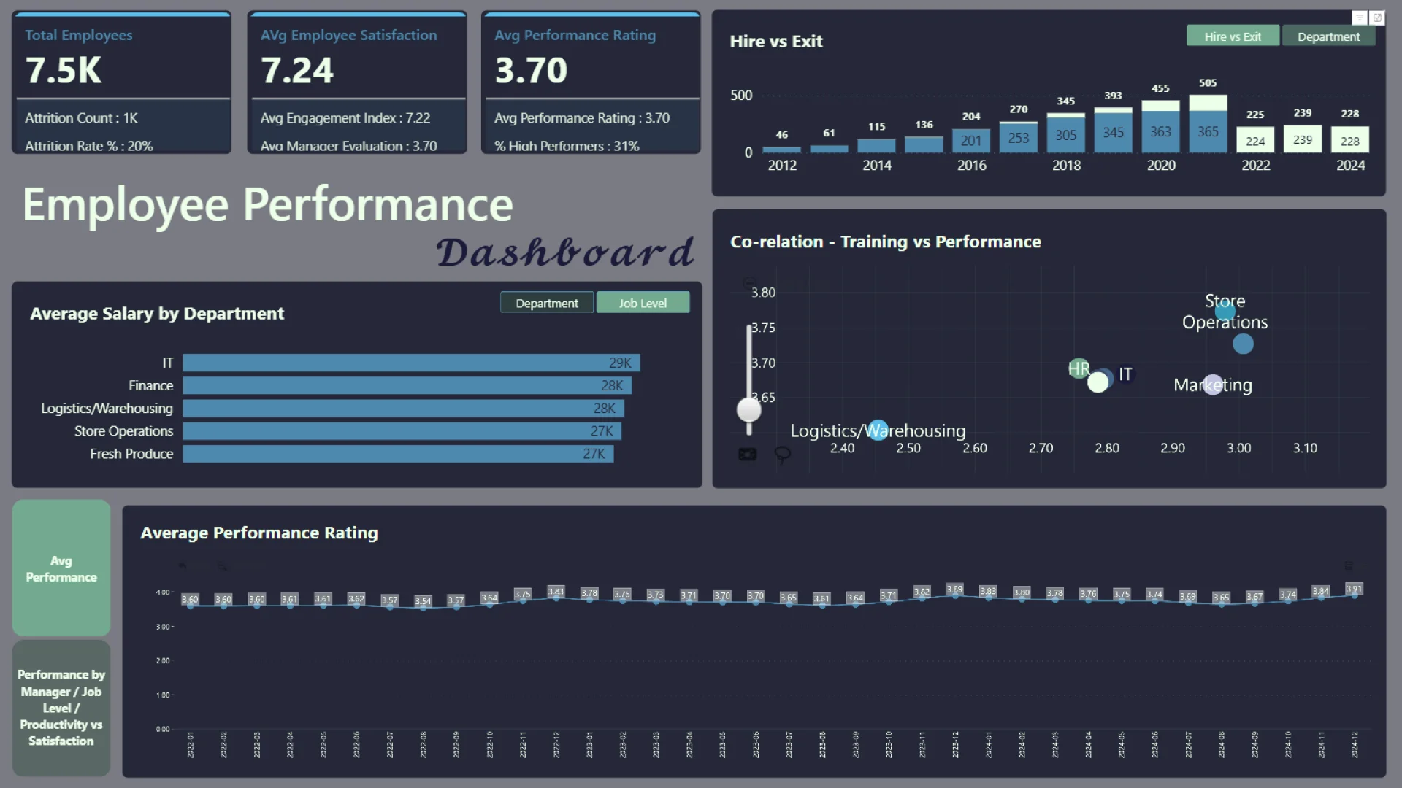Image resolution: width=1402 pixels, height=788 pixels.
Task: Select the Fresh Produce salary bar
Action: point(398,454)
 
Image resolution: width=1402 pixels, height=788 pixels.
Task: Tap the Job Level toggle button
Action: point(643,303)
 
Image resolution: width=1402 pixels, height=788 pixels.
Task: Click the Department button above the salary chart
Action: point(546,303)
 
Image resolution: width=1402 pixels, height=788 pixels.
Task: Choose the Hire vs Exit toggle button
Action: point(1233,36)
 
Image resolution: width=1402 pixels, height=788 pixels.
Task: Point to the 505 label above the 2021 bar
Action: point(1208,83)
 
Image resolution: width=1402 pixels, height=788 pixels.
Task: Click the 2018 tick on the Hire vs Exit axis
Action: point(1066,166)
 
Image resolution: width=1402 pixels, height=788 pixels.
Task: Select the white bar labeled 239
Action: point(1303,139)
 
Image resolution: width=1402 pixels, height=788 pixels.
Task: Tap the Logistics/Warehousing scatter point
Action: point(878,430)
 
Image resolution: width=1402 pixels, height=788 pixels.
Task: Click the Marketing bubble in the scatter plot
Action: point(1213,385)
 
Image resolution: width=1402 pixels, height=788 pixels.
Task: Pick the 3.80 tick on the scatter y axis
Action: point(764,293)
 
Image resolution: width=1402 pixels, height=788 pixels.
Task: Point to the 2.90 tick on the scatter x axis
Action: point(1173,448)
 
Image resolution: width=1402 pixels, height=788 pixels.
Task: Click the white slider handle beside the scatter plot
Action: point(749,410)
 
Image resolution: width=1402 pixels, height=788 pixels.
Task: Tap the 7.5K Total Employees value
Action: point(64,71)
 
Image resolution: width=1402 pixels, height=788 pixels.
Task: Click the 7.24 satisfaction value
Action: point(297,71)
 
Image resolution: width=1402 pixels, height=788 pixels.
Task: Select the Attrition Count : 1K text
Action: point(81,118)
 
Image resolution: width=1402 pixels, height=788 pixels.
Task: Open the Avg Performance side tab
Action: point(61,568)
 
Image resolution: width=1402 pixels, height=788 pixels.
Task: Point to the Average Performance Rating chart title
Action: point(259,533)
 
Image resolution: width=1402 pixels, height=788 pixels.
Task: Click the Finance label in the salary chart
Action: point(151,386)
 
